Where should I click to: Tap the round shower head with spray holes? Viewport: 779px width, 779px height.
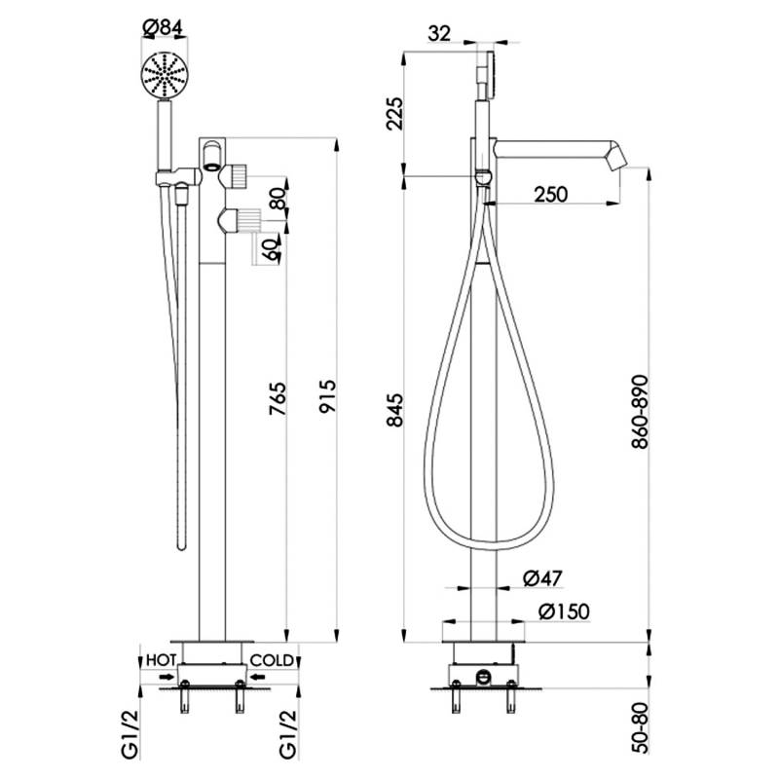coord(164,76)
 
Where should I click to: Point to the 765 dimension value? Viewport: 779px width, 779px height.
coord(277,398)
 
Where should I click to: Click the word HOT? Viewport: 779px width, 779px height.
coord(160,659)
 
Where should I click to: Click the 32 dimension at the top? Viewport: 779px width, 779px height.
coord(439,34)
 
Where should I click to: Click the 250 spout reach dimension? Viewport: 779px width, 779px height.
coord(551,195)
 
